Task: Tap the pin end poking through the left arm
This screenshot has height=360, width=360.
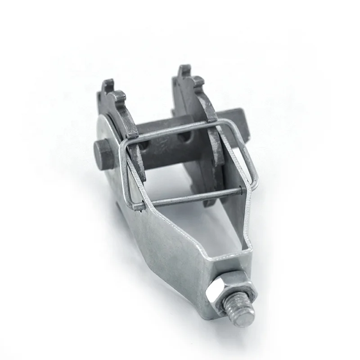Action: (x=137, y=207)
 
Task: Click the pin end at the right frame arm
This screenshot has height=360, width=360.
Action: (x=243, y=191)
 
